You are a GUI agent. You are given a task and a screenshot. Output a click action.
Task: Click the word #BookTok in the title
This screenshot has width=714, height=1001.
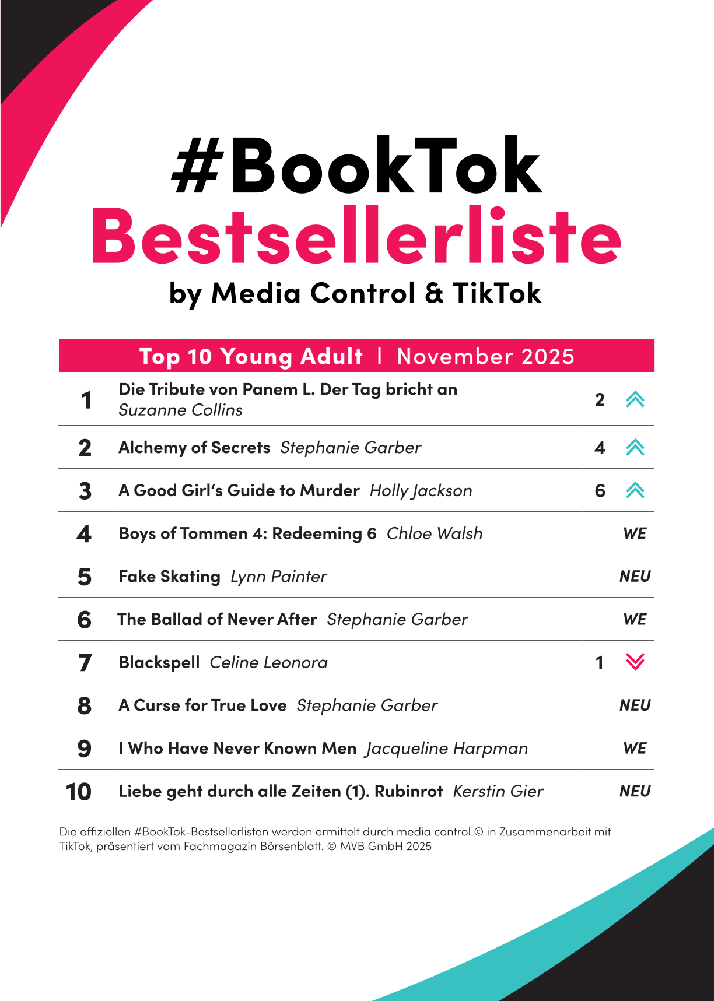coord(357,166)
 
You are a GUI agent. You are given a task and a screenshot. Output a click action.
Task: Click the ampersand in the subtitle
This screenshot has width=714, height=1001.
coord(434,293)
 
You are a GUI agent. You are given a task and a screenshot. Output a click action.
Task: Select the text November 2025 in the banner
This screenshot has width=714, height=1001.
coord(485,356)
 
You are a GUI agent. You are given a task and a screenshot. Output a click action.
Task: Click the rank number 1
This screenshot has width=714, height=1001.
coord(86,401)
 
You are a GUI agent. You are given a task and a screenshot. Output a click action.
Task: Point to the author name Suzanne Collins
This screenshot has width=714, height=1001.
coord(180,410)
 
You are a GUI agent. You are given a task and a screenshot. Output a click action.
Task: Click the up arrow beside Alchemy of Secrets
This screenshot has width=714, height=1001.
coord(635,447)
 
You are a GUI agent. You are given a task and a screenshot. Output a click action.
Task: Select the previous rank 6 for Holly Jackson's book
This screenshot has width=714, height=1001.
coord(600,491)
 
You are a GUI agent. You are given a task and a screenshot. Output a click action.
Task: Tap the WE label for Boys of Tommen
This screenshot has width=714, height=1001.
coord(635,533)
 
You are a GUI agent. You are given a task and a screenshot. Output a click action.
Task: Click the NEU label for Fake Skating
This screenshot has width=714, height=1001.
coord(635,577)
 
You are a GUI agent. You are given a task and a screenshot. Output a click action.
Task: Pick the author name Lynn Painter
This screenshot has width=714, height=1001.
coord(278,577)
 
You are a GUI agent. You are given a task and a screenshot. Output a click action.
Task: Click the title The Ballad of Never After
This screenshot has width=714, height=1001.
coord(217,619)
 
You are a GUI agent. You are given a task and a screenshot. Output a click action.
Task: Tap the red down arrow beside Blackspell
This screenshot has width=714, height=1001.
coord(635,662)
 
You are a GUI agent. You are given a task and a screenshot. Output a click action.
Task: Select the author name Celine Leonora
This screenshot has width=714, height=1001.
coord(268,662)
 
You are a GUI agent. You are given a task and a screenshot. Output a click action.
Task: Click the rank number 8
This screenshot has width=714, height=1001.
coord(85,705)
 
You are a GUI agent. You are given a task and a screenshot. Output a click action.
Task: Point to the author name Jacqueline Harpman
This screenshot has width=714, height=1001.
coord(447,749)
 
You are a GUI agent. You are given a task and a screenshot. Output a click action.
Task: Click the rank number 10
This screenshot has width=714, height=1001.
coord(78,792)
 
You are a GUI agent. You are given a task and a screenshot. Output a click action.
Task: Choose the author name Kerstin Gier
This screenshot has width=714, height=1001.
coord(498,791)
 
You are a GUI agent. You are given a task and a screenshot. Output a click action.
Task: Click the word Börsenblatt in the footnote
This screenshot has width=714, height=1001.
coord(290,846)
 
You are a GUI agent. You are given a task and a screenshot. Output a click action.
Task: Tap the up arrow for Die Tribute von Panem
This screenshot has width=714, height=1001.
coord(635,399)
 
